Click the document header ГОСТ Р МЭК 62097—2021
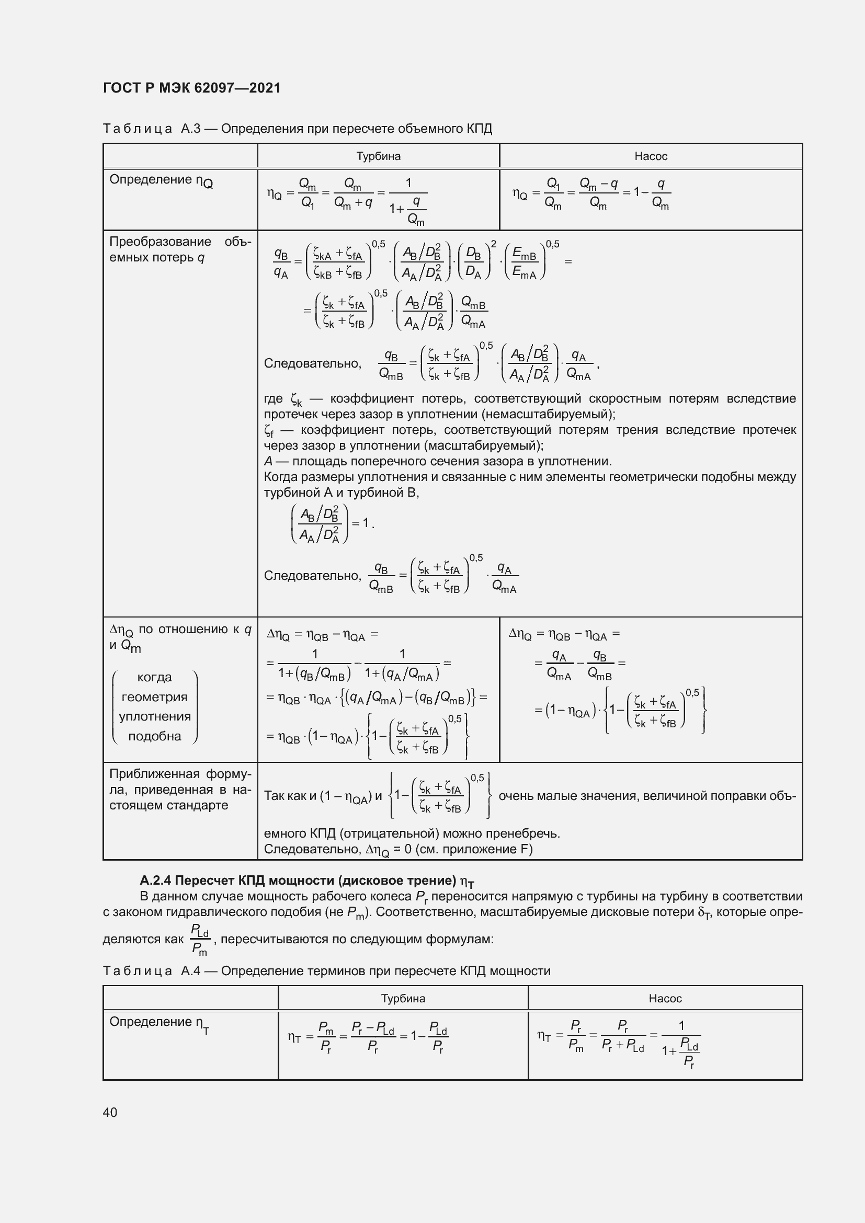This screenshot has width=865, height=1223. (192, 88)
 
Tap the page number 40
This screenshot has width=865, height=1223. (110, 1112)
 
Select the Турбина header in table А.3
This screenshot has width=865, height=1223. (378, 156)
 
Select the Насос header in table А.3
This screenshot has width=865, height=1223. (651, 156)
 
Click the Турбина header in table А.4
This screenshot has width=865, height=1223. (403, 998)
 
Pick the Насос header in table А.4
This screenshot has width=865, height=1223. (665, 998)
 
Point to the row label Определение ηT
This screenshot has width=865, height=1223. (160, 1023)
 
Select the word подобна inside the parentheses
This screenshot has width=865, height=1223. (154, 736)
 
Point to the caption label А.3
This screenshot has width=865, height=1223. (191, 129)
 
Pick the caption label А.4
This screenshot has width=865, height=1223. (191, 970)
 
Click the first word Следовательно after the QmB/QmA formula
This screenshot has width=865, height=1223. (313, 364)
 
